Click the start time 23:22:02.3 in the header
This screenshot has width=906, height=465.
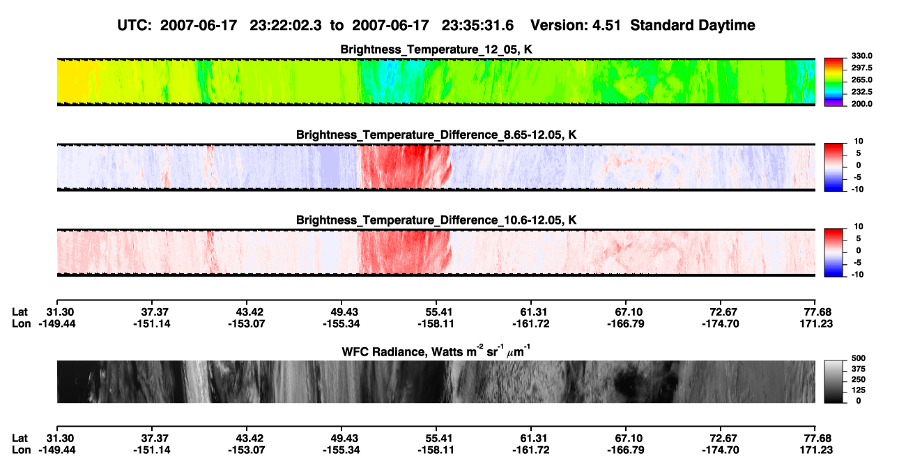(x=286, y=26)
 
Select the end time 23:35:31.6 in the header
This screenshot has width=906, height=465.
(x=477, y=26)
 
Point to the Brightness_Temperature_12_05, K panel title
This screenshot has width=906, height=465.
(x=436, y=49)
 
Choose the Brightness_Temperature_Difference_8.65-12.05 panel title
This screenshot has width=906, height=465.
(x=436, y=135)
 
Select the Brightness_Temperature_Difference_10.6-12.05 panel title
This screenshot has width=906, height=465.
(x=436, y=220)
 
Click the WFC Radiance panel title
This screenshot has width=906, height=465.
(x=436, y=351)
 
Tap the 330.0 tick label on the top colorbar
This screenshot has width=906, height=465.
(x=861, y=56)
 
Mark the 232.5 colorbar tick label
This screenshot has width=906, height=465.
(x=861, y=92)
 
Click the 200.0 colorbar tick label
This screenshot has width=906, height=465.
(x=861, y=104)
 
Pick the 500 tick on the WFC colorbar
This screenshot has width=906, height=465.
(x=859, y=358)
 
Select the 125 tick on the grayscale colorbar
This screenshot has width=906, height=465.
(x=859, y=390)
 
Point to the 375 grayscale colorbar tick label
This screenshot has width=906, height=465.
(x=859, y=369)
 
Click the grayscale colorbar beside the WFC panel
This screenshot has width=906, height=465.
(x=834, y=381)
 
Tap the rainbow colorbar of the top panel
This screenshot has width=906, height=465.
(x=834, y=82)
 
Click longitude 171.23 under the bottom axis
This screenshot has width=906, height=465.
(x=816, y=450)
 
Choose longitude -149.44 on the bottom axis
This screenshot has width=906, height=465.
(x=57, y=450)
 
